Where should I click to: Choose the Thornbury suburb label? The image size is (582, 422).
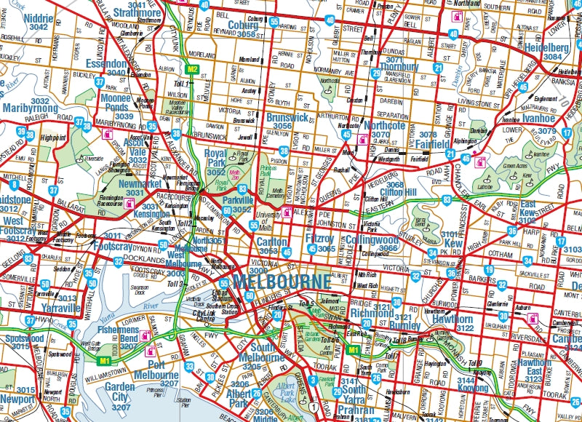pyautogui.click(x=398, y=67)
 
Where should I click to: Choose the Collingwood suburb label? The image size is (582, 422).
pyautogui.click(x=372, y=239)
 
